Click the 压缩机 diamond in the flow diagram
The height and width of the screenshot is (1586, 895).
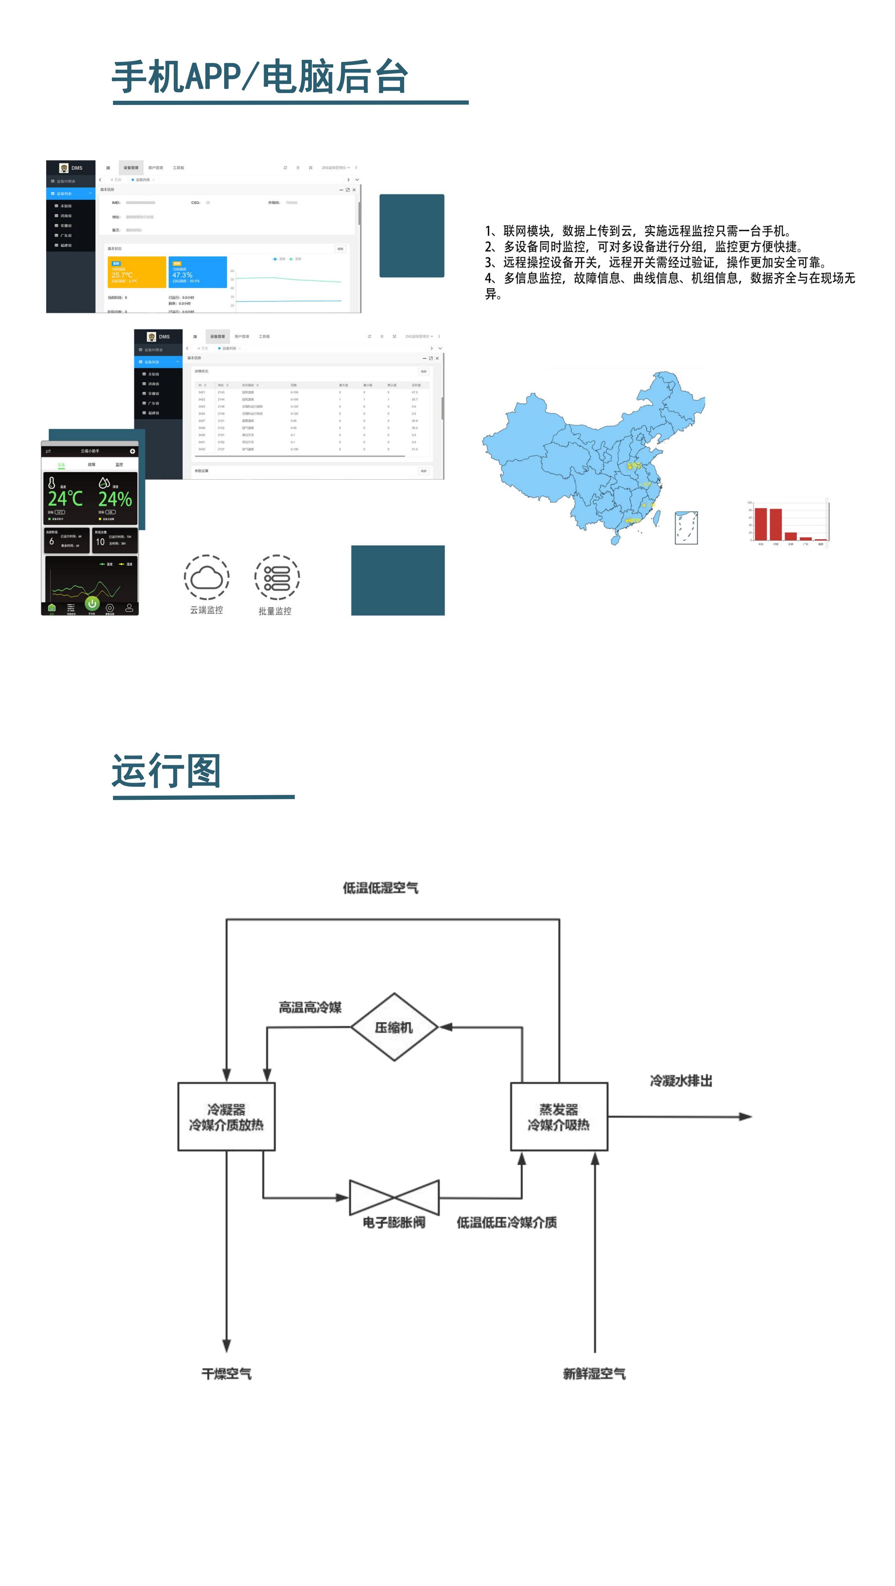point(394,1027)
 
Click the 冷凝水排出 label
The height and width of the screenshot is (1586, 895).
point(681,1081)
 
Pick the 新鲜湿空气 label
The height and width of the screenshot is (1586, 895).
point(594,1374)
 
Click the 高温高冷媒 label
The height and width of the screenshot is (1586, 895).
point(310,1007)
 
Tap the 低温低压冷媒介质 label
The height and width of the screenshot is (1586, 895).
point(507,1223)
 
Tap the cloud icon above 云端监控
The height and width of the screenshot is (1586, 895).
point(207,577)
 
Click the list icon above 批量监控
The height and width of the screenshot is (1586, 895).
point(277,577)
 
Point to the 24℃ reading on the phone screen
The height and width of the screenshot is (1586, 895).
point(65,499)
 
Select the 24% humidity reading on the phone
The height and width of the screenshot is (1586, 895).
point(115,499)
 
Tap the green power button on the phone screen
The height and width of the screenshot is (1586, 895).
point(92,603)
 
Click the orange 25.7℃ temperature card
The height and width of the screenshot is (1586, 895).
point(137,272)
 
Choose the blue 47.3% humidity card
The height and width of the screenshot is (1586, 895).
point(198,272)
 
